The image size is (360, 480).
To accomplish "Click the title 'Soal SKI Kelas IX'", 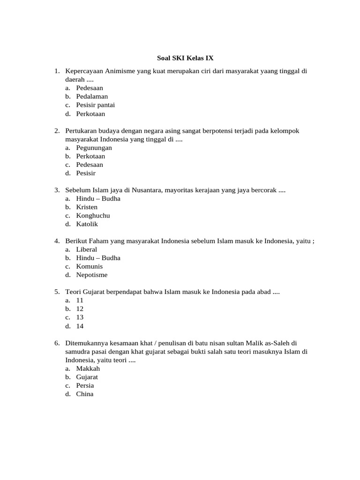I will (185, 58).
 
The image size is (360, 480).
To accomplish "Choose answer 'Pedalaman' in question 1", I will (92, 97).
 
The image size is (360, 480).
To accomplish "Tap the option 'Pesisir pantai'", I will (95, 105).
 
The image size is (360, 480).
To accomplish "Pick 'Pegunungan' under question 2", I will (94, 148).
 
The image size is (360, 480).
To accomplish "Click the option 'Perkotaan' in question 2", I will (90, 156).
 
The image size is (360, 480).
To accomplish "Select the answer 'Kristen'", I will (87, 207).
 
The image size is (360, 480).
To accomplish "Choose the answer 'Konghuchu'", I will (93, 216).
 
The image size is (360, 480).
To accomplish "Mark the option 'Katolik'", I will (87, 224).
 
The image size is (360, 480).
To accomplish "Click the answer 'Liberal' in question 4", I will (87, 249).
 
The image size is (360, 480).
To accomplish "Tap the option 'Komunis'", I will (89, 266).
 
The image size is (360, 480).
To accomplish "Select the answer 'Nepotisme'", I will (92, 275).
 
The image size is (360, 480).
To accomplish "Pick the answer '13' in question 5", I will (80, 317).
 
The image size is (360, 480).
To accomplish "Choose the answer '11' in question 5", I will (80, 300).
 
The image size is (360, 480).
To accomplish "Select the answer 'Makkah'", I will (88, 368).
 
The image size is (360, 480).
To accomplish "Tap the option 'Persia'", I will (85, 385).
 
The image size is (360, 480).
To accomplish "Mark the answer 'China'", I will (85, 394).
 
